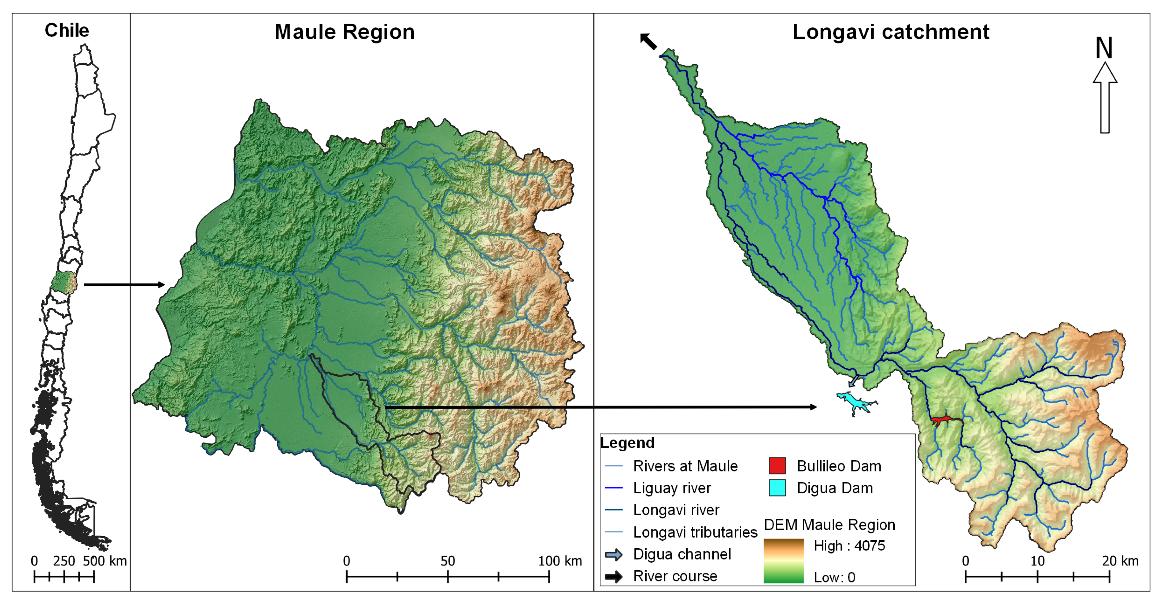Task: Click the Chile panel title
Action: click(x=67, y=31)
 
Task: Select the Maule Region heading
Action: click(x=345, y=32)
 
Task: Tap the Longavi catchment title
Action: click(x=891, y=32)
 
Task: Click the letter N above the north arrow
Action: click(x=1104, y=48)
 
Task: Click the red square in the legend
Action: click(x=777, y=466)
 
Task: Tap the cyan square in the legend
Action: click(x=777, y=488)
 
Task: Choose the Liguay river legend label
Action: click(x=672, y=488)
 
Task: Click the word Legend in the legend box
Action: click(x=627, y=443)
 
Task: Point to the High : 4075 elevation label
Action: click(x=849, y=546)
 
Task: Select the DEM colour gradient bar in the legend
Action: click(x=783, y=561)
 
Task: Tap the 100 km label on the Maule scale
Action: click(x=560, y=561)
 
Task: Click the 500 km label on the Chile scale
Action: click(x=105, y=561)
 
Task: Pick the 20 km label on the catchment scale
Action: click(x=1120, y=561)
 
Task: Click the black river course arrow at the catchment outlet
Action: click(x=649, y=41)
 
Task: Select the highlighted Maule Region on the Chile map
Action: click(x=64, y=283)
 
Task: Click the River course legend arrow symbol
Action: click(x=614, y=577)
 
